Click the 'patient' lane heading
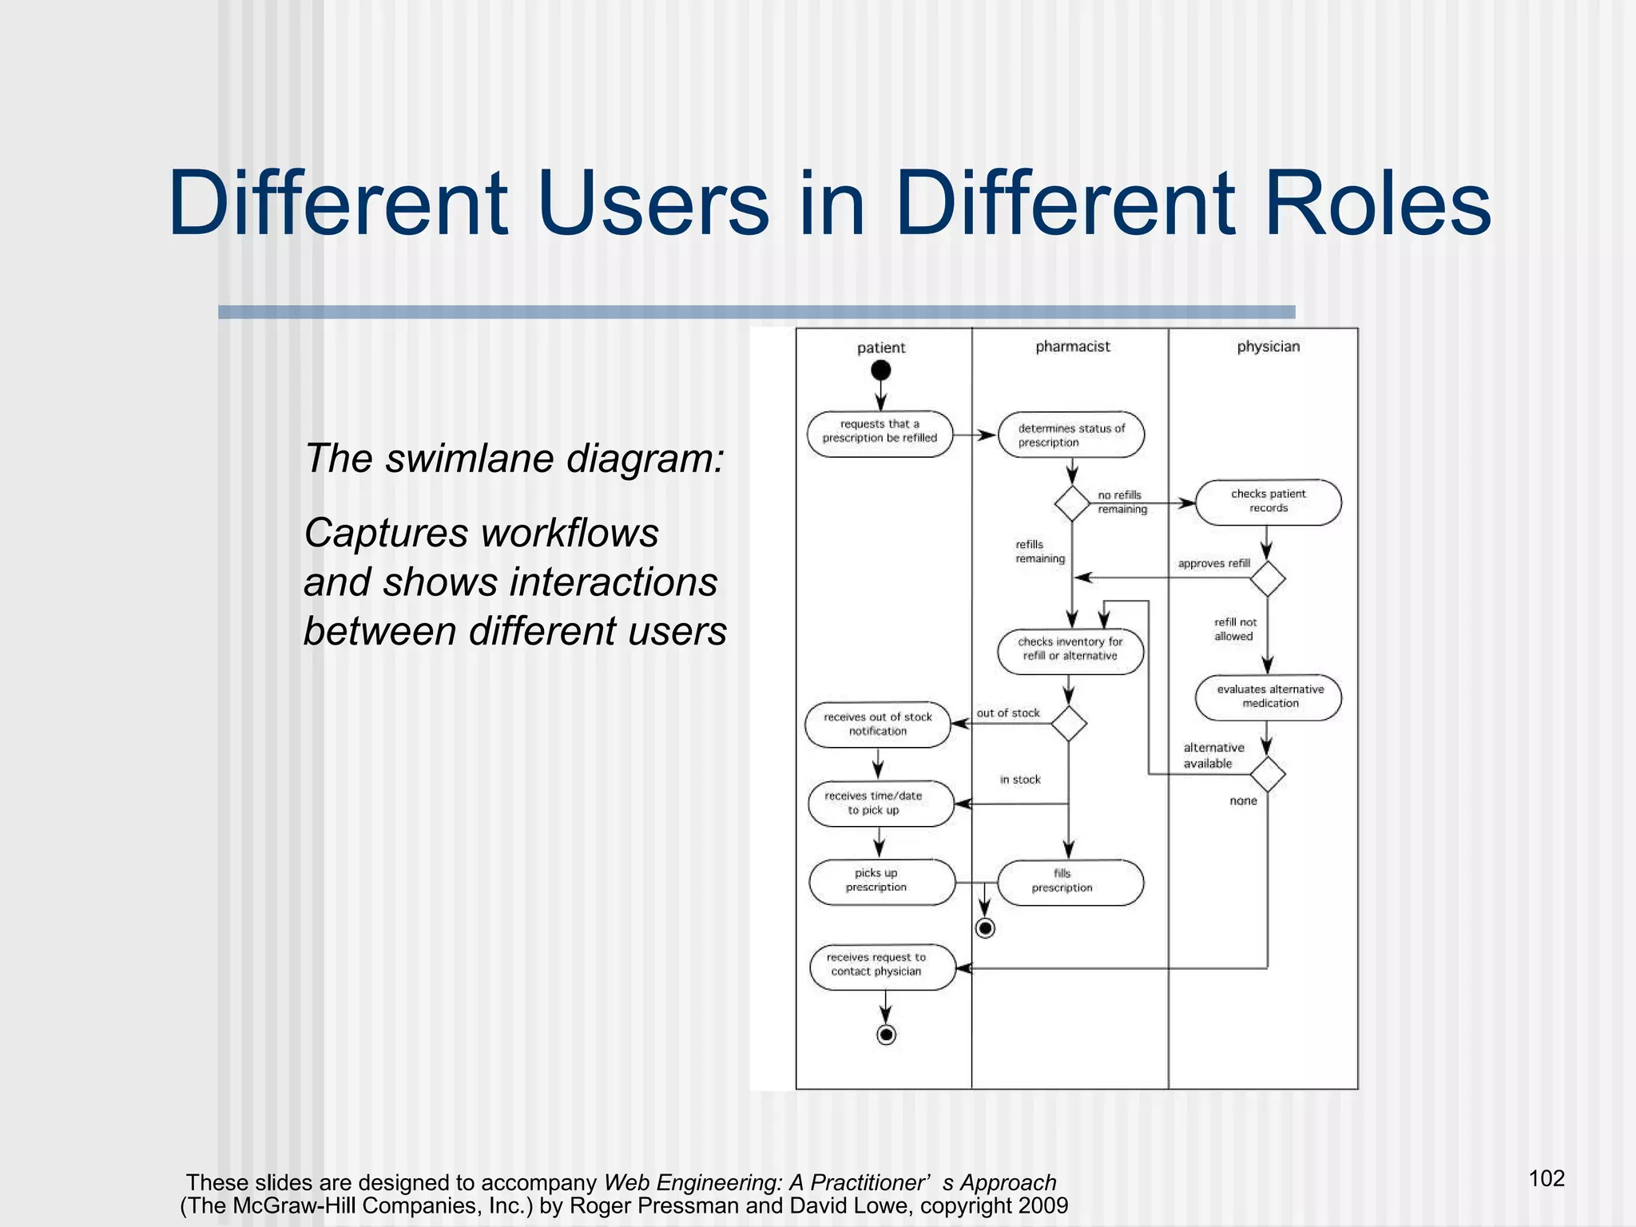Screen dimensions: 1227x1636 pyautogui.click(x=880, y=347)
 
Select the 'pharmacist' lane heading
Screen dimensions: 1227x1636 pyautogui.click(x=1072, y=346)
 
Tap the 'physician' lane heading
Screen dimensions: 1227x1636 pyautogui.click(x=1268, y=346)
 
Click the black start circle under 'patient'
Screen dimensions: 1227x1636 pyautogui.click(x=880, y=371)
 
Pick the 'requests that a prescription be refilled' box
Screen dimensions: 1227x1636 pyautogui.click(x=880, y=435)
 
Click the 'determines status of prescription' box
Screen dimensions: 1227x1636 pyautogui.click(x=1071, y=435)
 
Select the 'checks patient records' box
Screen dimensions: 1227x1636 pyautogui.click(x=1268, y=502)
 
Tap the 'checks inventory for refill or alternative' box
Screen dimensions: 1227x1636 pyautogui.click(x=1070, y=651)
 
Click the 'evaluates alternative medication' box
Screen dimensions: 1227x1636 pyautogui.click(x=1268, y=697)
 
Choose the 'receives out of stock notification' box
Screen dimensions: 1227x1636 pyautogui.click(x=878, y=725)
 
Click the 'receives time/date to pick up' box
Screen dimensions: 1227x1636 pyautogui.click(x=880, y=803)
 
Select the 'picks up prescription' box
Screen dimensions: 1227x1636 pyautogui.click(x=881, y=881)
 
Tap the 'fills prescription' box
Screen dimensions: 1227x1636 pyautogui.click(x=1070, y=882)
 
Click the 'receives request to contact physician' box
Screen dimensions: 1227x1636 pyautogui.click(x=882, y=967)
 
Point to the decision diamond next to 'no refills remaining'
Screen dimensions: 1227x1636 pyautogui.click(x=1072, y=503)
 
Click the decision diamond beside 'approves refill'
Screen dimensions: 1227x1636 pyautogui.click(x=1268, y=578)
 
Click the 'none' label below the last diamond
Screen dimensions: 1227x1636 pyautogui.click(x=1243, y=800)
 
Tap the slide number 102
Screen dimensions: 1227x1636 pyautogui.click(x=1546, y=1178)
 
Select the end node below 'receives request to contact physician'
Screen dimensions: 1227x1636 pyautogui.click(x=886, y=1035)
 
